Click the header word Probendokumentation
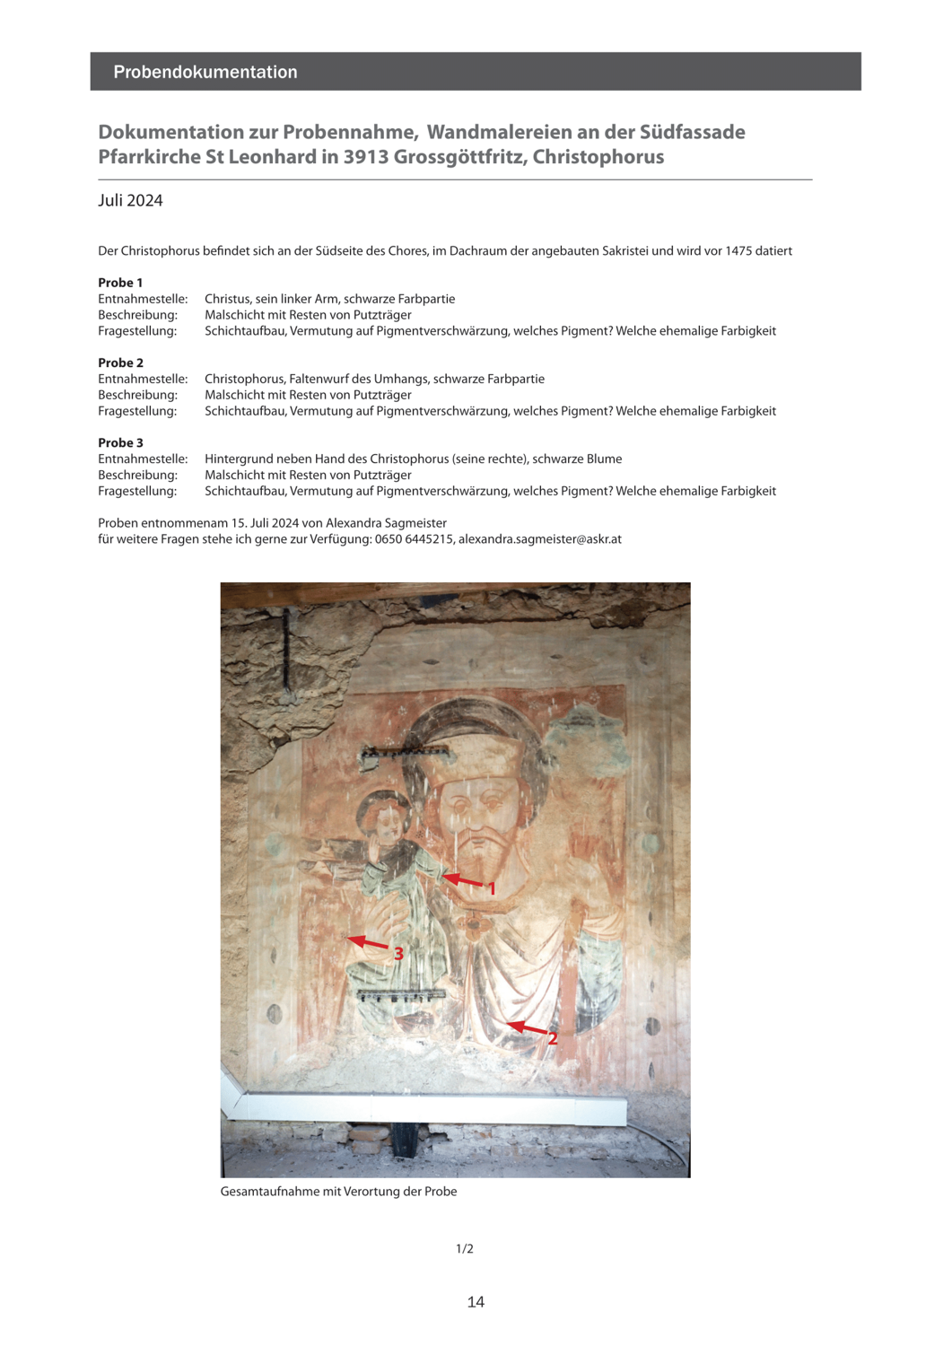point(205,72)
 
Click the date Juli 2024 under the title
point(131,200)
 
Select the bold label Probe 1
point(120,283)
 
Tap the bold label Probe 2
point(120,363)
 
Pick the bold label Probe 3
point(120,442)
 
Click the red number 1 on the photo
point(491,888)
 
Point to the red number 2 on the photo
point(553,1038)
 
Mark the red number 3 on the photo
point(398,954)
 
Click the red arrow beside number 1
point(463,880)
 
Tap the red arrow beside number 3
point(368,943)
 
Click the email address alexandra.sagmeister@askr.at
point(540,539)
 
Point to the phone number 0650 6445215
point(414,539)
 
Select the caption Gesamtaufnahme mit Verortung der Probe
point(338,1192)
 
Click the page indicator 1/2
point(465,1249)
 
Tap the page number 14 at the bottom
point(476,1302)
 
